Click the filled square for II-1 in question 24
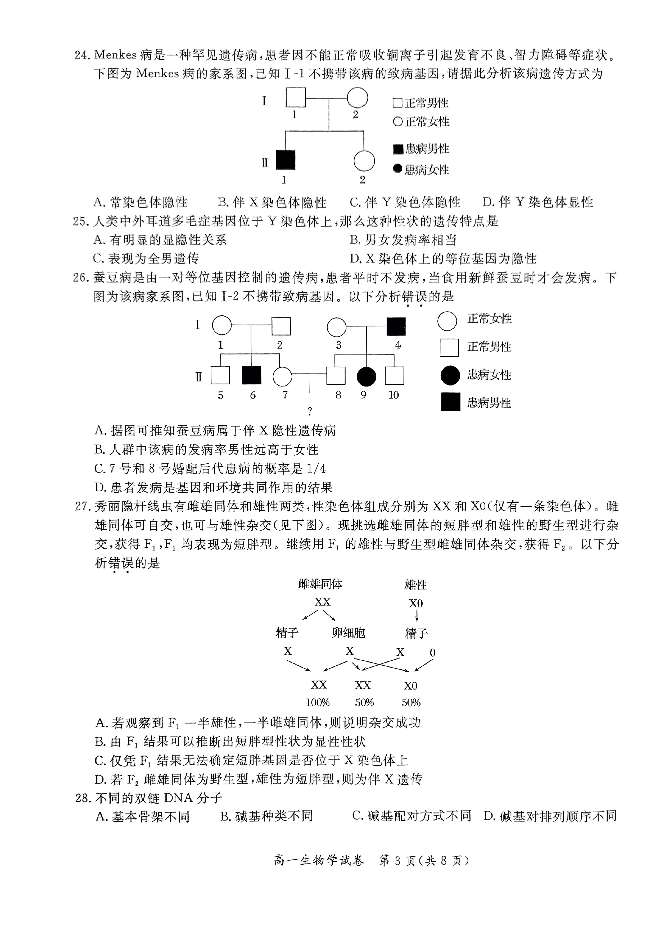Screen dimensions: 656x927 [x=286, y=160]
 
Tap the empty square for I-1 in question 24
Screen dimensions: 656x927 [x=295, y=97]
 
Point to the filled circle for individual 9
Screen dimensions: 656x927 [x=367, y=376]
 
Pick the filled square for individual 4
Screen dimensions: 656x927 [x=396, y=326]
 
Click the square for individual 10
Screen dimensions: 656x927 [x=395, y=375]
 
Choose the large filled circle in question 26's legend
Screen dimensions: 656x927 [x=450, y=375]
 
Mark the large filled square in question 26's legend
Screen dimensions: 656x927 [x=450, y=402]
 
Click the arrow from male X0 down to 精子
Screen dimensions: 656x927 [x=417, y=615]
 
